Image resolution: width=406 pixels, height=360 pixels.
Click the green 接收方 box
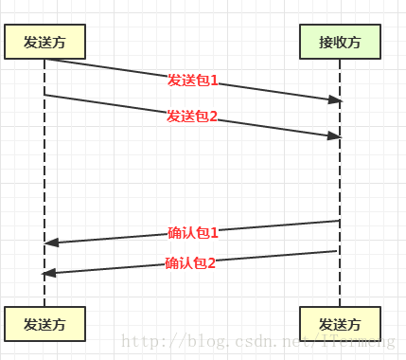(341, 42)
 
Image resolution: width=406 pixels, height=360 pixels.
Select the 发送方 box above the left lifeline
(44, 42)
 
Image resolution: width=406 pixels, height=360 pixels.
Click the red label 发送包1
(193, 81)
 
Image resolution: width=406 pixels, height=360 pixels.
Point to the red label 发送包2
(193, 116)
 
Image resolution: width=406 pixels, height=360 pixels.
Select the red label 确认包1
(193, 232)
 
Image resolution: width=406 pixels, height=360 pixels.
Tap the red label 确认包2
(191, 262)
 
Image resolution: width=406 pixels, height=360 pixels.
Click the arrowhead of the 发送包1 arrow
(335, 99)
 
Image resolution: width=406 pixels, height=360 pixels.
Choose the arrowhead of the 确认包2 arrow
(49, 273)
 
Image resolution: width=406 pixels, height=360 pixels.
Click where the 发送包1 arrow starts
(45, 60)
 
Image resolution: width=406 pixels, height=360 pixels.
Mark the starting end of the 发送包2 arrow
(45, 95)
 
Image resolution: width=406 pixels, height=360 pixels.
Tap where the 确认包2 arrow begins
(338, 251)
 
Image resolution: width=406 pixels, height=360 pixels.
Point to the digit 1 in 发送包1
(214, 81)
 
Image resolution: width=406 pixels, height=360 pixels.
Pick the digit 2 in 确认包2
(212, 262)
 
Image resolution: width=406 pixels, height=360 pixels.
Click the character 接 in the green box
(326, 42)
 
